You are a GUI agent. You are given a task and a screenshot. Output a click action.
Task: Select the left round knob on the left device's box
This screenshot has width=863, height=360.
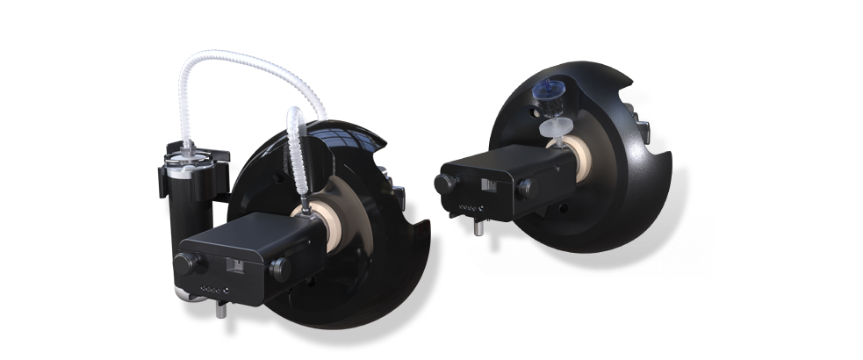[187, 264]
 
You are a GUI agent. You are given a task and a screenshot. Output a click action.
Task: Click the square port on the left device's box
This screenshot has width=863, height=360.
[236, 263]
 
